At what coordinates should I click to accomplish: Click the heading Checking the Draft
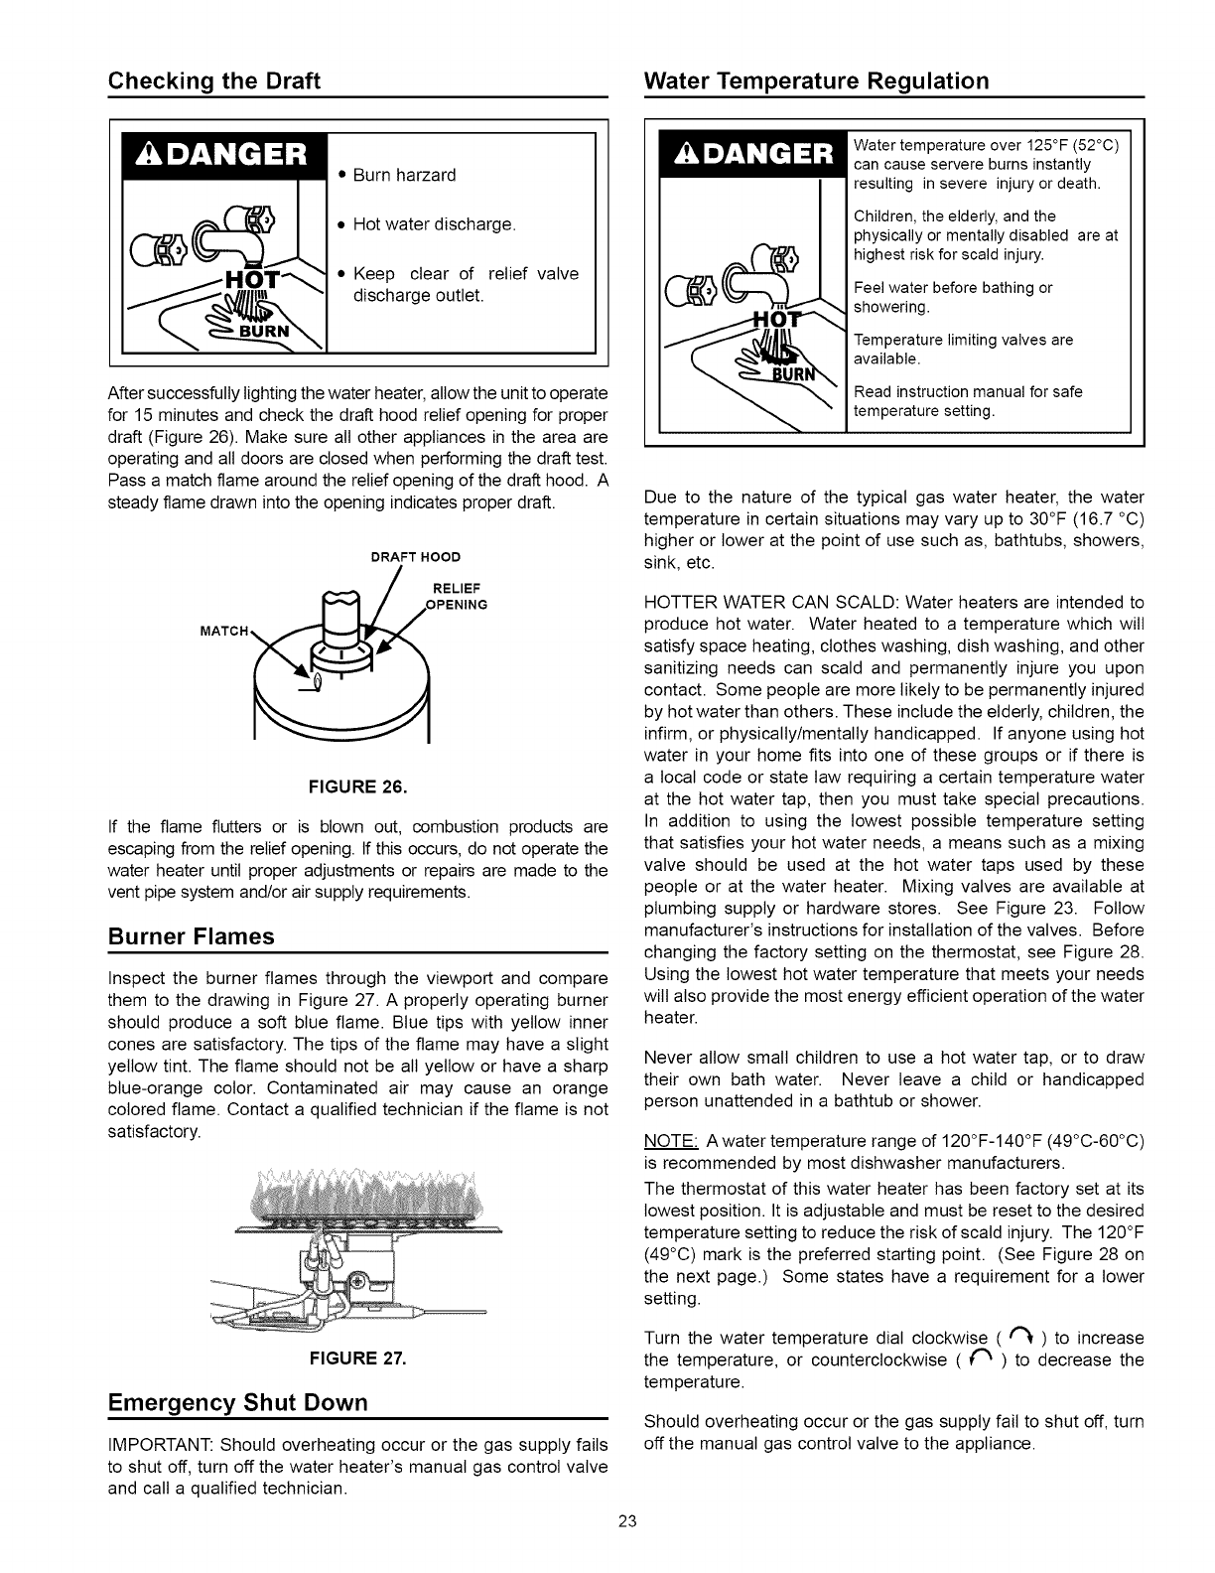click(x=213, y=81)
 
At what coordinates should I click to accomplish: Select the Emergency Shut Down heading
click(x=237, y=1402)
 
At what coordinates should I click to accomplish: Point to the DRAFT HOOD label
click(x=416, y=555)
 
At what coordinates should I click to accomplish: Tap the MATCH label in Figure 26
click(x=224, y=630)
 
